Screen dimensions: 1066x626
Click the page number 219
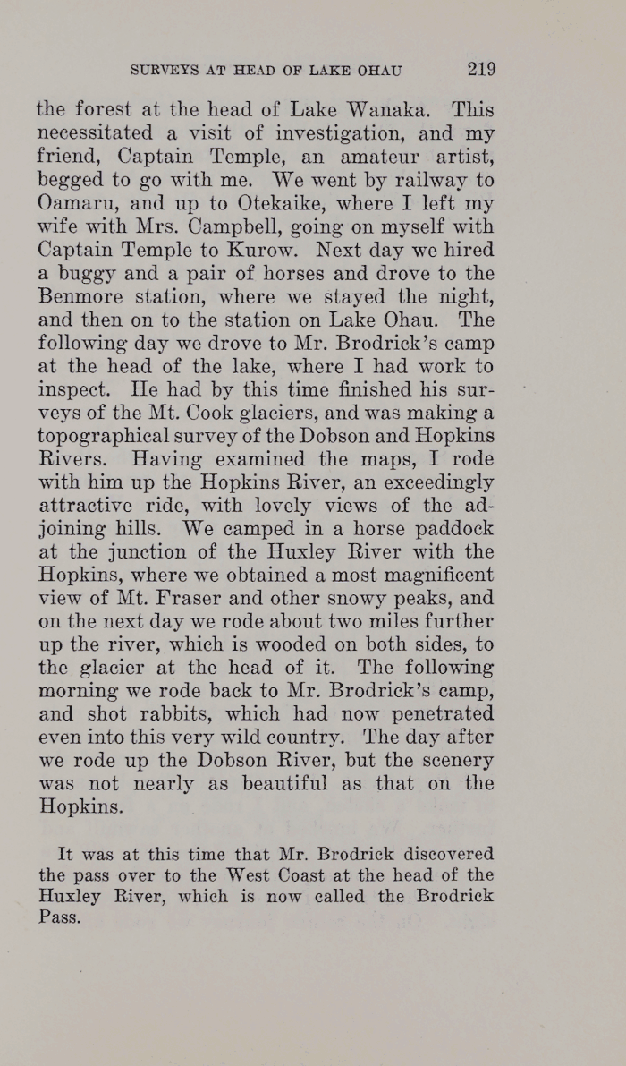click(480, 70)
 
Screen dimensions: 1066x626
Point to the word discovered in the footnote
click(440, 854)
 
